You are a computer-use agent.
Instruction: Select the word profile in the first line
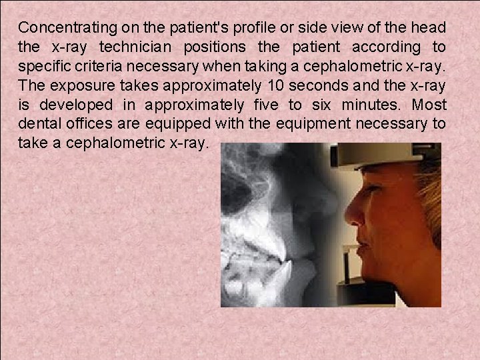click(237, 29)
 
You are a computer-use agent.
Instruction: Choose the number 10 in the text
click(275, 86)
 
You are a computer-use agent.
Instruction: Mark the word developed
click(79, 105)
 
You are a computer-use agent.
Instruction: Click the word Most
click(429, 105)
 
